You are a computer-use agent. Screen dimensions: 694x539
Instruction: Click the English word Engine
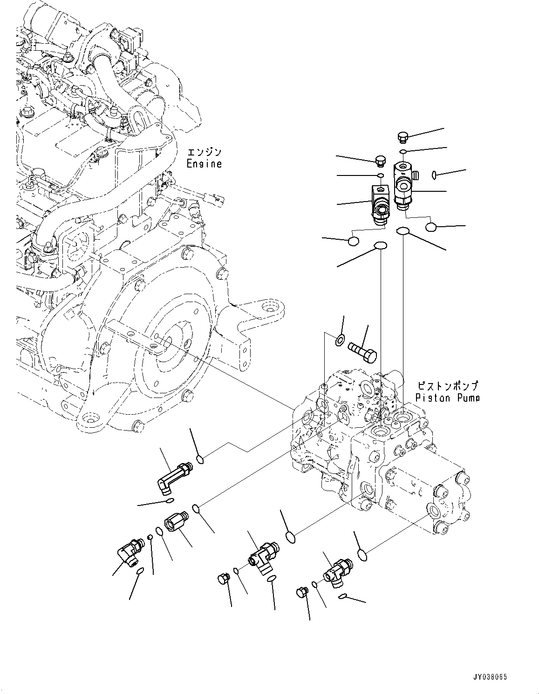204,164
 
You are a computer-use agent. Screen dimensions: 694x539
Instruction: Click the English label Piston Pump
447,398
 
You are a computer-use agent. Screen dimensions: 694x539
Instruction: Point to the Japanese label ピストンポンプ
447,386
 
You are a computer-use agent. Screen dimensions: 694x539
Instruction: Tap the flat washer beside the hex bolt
340,341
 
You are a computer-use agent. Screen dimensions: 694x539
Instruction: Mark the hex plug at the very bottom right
302,592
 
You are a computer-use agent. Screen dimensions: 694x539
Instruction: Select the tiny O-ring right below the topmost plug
403,152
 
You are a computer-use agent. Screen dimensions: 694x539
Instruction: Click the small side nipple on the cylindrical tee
416,175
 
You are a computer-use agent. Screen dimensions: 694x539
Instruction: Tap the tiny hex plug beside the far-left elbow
150,538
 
